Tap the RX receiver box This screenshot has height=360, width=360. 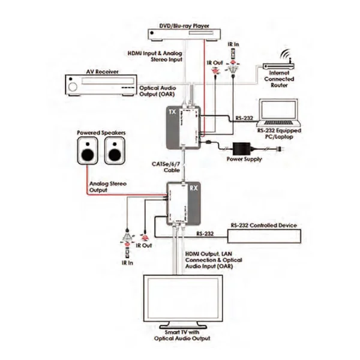tap(183, 206)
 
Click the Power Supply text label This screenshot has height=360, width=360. tap(244, 160)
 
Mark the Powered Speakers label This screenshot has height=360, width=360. tap(96, 132)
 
